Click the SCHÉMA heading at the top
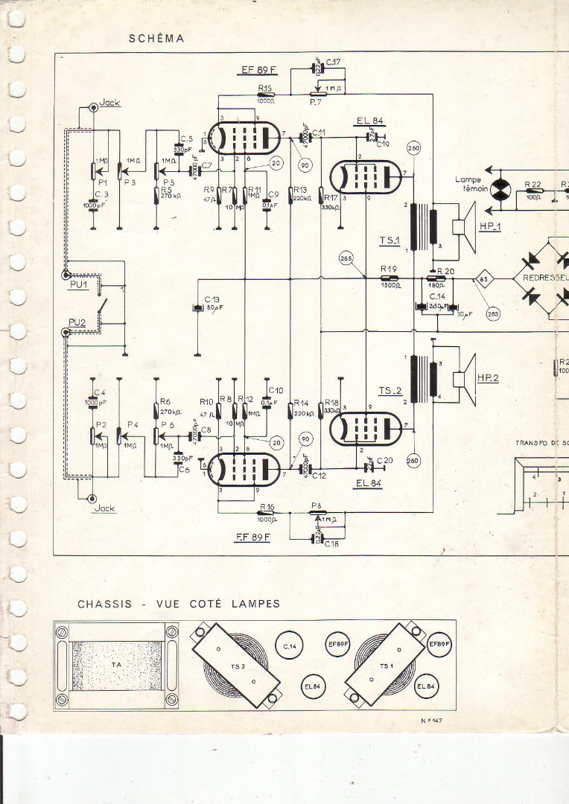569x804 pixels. click(156, 38)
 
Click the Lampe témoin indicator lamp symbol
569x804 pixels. click(503, 187)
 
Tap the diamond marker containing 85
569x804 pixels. click(484, 280)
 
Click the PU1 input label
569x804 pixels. click(77, 274)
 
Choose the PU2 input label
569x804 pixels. click(77, 322)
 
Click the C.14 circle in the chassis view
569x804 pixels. click(290, 648)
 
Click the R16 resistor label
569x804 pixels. click(267, 506)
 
